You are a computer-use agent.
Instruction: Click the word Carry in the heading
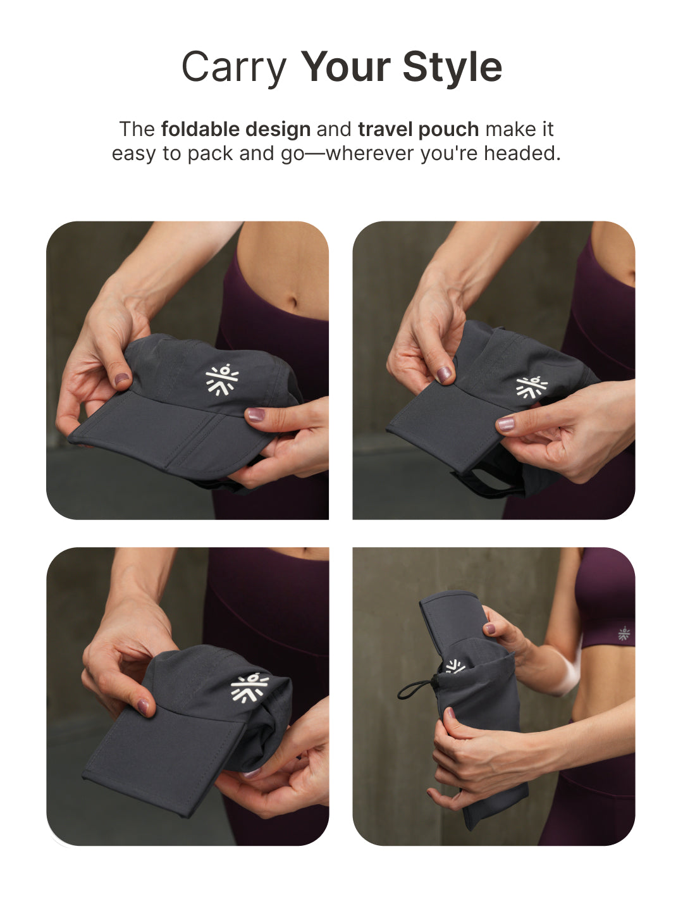pyautogui.click(x=233, y=68)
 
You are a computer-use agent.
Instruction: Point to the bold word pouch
pyautogui.click(x=448, y=129)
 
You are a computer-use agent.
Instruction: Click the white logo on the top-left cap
pyautogui.click(x=221, y=380)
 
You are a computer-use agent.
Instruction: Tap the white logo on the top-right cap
pyautogui.click(x=531, y=387)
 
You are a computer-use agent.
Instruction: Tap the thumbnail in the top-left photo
pyautogui.click(x=255, y=415)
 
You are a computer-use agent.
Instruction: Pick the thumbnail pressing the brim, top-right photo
pyautogui.click(x=505, y=423)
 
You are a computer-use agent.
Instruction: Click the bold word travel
pyautogui.click(x=385, y=129)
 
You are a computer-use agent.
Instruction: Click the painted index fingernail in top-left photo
pyautogui.click(x=121, y=380)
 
